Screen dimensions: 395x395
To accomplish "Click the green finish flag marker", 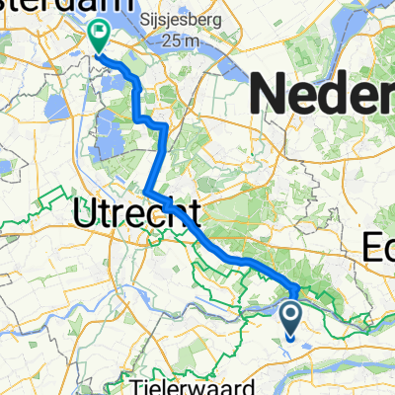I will (x=100, y=36).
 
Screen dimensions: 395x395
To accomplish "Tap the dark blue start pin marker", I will (x=293, y=319).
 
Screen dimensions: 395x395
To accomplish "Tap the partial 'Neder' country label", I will (x=325, y=96).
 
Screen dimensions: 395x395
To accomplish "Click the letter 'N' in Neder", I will (x=273, y=96).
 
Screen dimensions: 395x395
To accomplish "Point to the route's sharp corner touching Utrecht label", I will (x=146, y=191).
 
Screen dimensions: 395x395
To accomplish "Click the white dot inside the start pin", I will (x=293, y=315).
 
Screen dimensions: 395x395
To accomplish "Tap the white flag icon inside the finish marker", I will (x=100, y=33).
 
